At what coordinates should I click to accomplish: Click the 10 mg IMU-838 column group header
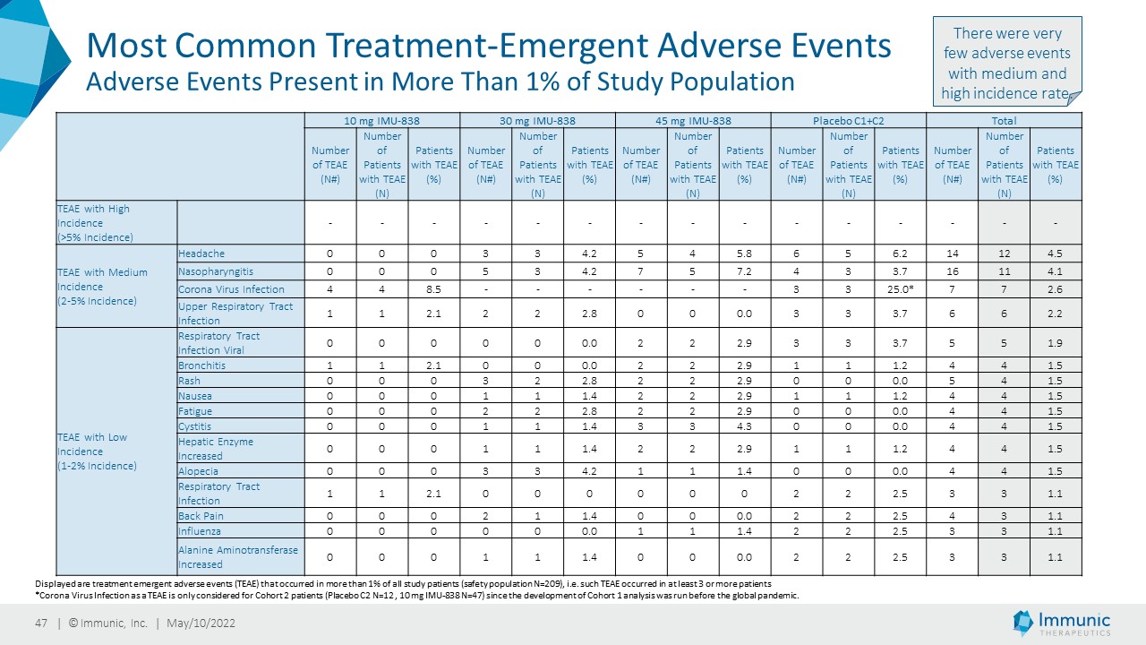pyautogui.click(x=381, y=121)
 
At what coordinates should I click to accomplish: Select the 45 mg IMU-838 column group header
pyautogui.click(x=693, y=121)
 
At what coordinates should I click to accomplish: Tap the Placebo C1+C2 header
pyautogui.click(x=848, y=121)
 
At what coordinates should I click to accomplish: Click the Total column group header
pyautogui.click(x=1004, y=121)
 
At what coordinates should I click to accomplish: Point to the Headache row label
pyautogui.click(x=201, y=254)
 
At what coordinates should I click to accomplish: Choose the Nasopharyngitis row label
pyautogui.click(x=216, y=271)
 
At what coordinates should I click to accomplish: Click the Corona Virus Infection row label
pyautogui.click(x=231, y=289)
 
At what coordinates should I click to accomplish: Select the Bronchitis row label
pyautogui.click(x=201, y=365)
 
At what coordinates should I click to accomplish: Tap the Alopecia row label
pyautogui.click(x=198, y=471)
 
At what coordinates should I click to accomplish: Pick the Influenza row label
pyautogui.click(x=200, y=531)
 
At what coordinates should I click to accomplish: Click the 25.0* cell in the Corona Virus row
pyautogui.click(x=901, y=289)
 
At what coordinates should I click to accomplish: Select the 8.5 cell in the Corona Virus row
pyautogui.click(x=433, y=289)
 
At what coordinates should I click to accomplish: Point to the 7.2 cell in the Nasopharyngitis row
pyautogui.click(x=744, y=271)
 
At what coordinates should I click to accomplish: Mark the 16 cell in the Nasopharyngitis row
pyautogui.click(x=952, y=271)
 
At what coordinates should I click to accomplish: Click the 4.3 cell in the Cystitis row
pyautogui.click(x=744, y=426)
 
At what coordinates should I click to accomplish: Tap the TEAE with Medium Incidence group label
pyautogui.click(x=102, y=287)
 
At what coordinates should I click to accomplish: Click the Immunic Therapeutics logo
pyautogui.click(x=1062, y=623)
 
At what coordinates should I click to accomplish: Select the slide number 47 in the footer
pyautogui.click(x=41, y=623)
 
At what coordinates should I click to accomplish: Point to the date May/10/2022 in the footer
pyautogui.click(x=201, y=623)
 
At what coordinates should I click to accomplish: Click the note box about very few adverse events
pyautogui.click(x=1007, y=62)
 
